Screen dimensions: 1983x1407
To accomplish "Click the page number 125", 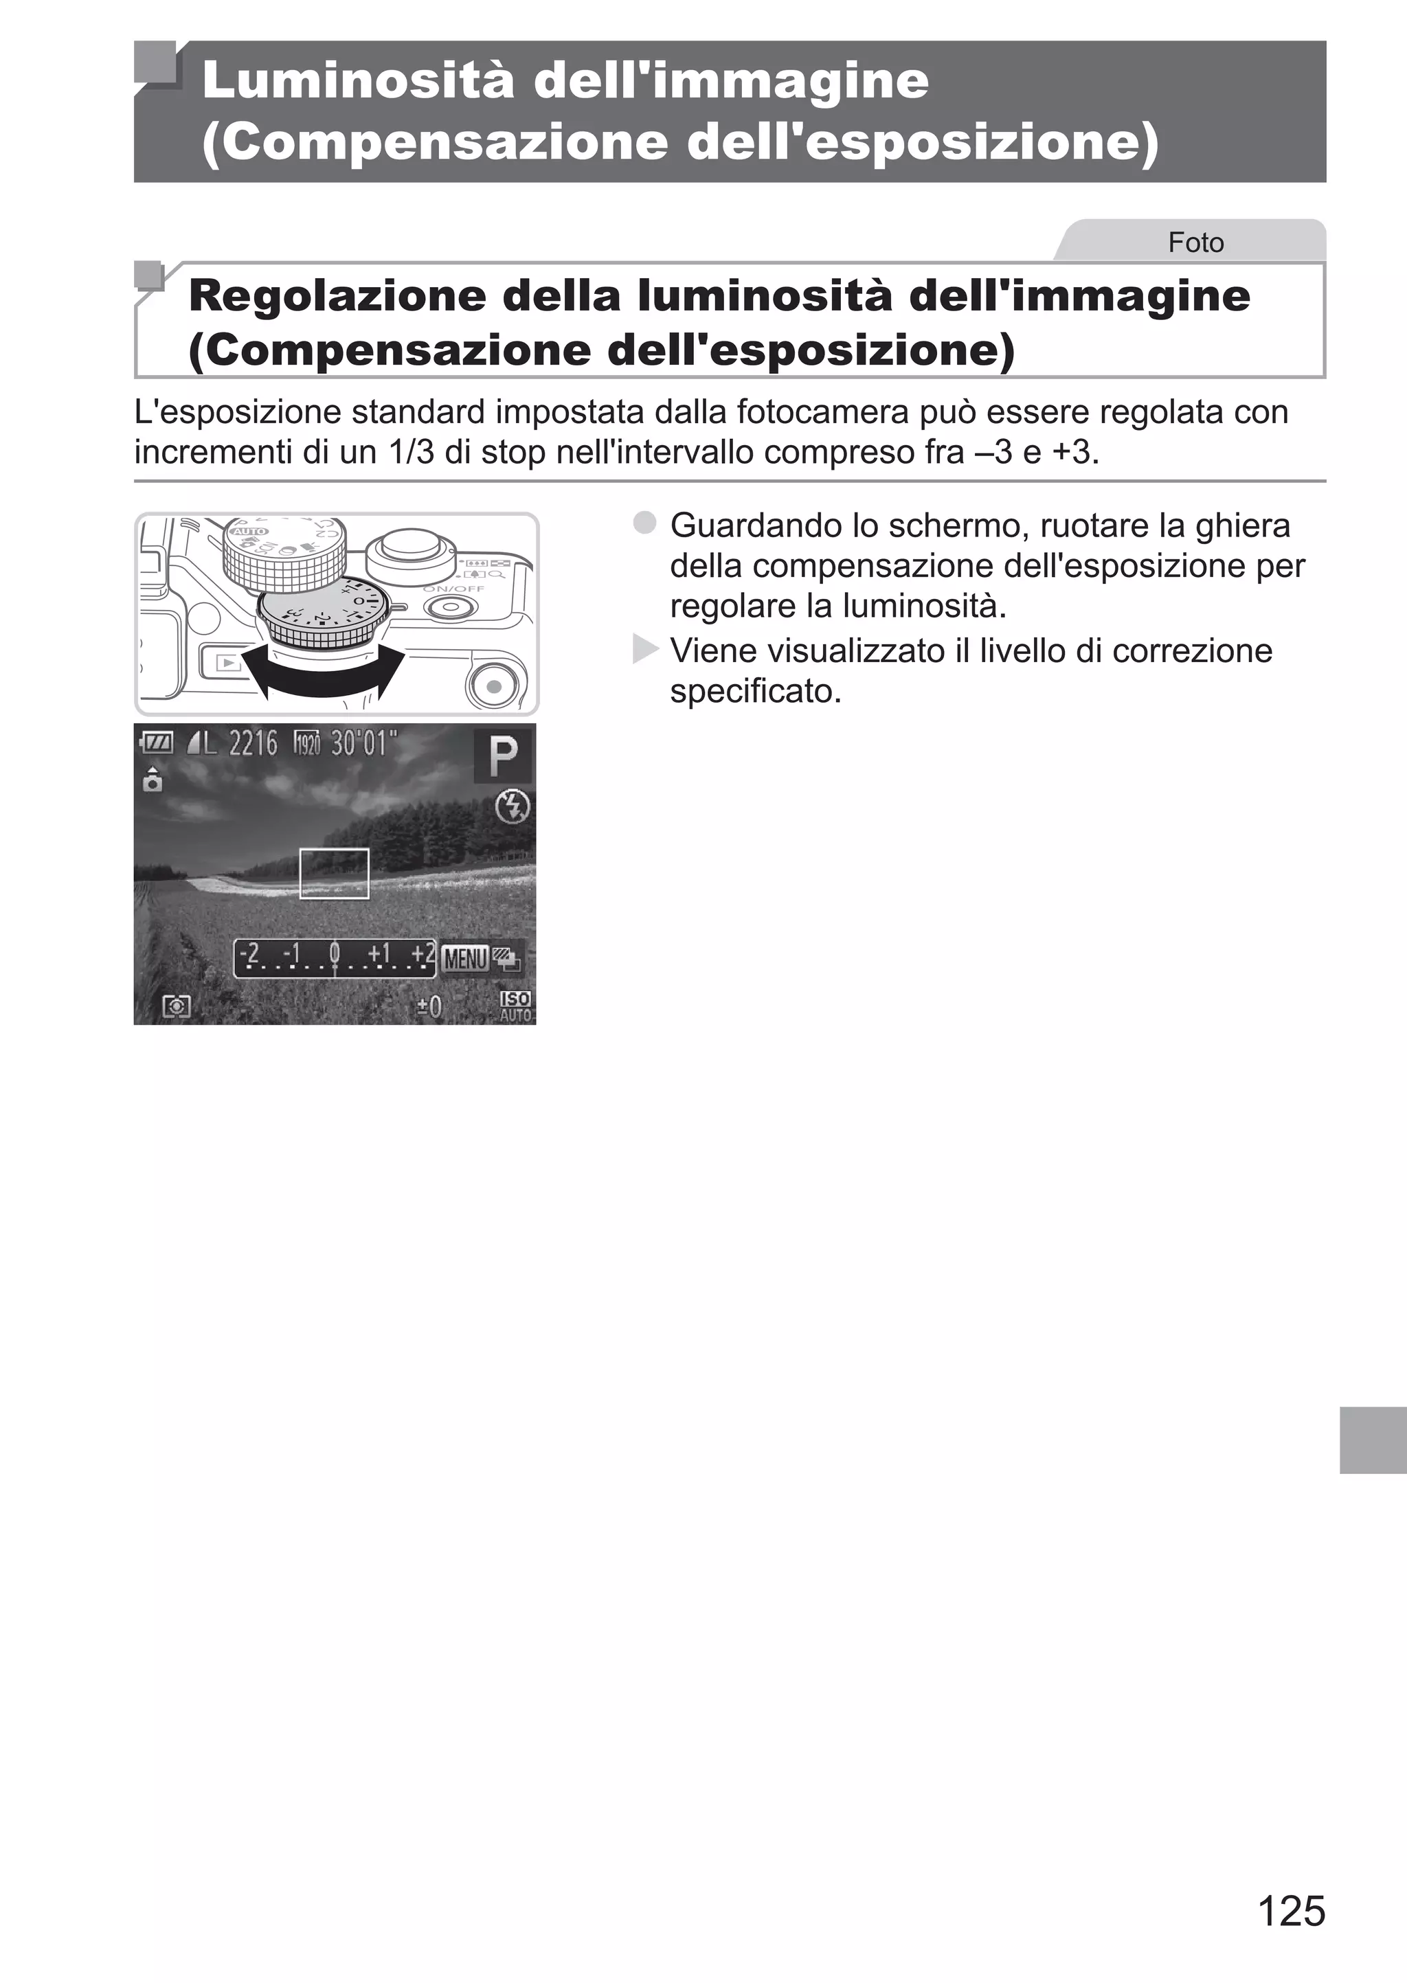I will click(x=1290, y=1911).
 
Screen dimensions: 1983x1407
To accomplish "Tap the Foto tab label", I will click(x=1195, y=242).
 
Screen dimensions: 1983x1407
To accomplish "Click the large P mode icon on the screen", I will click(x=502, y=756).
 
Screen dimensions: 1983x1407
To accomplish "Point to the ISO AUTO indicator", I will click(x=515, y=1006).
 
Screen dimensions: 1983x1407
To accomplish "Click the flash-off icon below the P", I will click(x=512, y=807).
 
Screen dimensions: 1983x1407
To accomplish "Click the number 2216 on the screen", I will click(x=253, y=743).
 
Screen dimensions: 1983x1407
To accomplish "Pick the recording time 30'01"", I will click(x=364, y=743).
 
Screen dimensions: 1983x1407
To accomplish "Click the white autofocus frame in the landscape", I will click(x=335, y=873).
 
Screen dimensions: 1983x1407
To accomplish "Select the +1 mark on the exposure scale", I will click(x=379, y=953).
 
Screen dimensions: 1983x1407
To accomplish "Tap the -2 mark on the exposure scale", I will click(x=249, y=953).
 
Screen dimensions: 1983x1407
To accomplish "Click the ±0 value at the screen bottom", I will click(x=429, y=1006).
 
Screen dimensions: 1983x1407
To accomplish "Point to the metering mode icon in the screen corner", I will click(x=177, y=1006).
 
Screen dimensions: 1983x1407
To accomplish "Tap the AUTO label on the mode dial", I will click(x=249, y=531).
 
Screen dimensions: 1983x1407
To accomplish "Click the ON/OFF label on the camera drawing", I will click(x=453, y=589).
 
